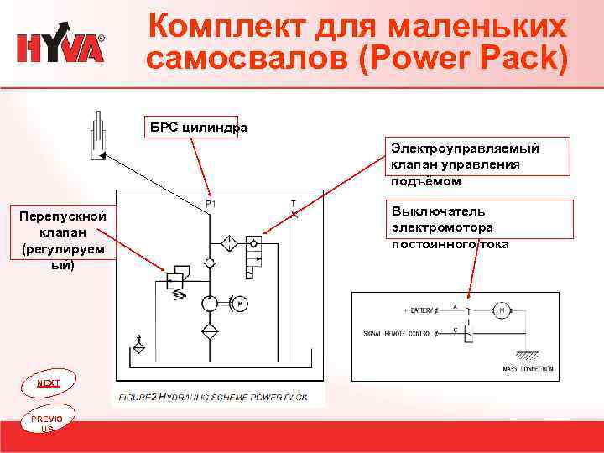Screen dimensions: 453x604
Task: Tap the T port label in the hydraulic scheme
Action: (x=293, y=203)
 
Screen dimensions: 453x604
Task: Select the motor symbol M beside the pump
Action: (x=239, y=303)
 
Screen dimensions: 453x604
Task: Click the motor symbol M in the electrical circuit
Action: (x=503, y=311)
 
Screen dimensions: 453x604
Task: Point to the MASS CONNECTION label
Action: (x=528, y=367)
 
